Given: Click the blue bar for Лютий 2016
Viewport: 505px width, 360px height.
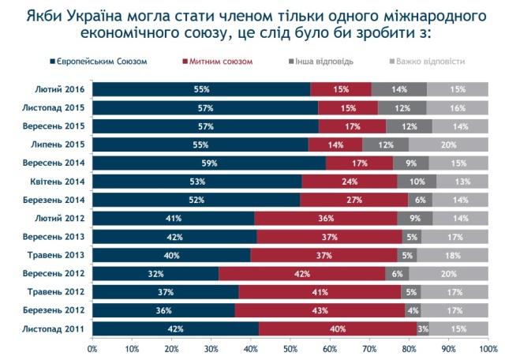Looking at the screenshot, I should point(201,88).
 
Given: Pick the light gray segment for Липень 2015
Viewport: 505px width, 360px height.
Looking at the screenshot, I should point(448,144).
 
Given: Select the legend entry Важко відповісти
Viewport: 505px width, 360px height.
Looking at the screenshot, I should point(429,61).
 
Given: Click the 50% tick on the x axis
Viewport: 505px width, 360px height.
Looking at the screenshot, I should point(290,347).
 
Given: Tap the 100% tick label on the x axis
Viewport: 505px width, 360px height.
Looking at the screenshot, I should point(487,347).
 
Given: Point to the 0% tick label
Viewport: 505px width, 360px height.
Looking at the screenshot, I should point(93,347).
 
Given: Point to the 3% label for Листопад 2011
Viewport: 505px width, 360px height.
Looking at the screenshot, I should point(423,328).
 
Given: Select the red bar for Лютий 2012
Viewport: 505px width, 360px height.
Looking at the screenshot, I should point(326,218).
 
